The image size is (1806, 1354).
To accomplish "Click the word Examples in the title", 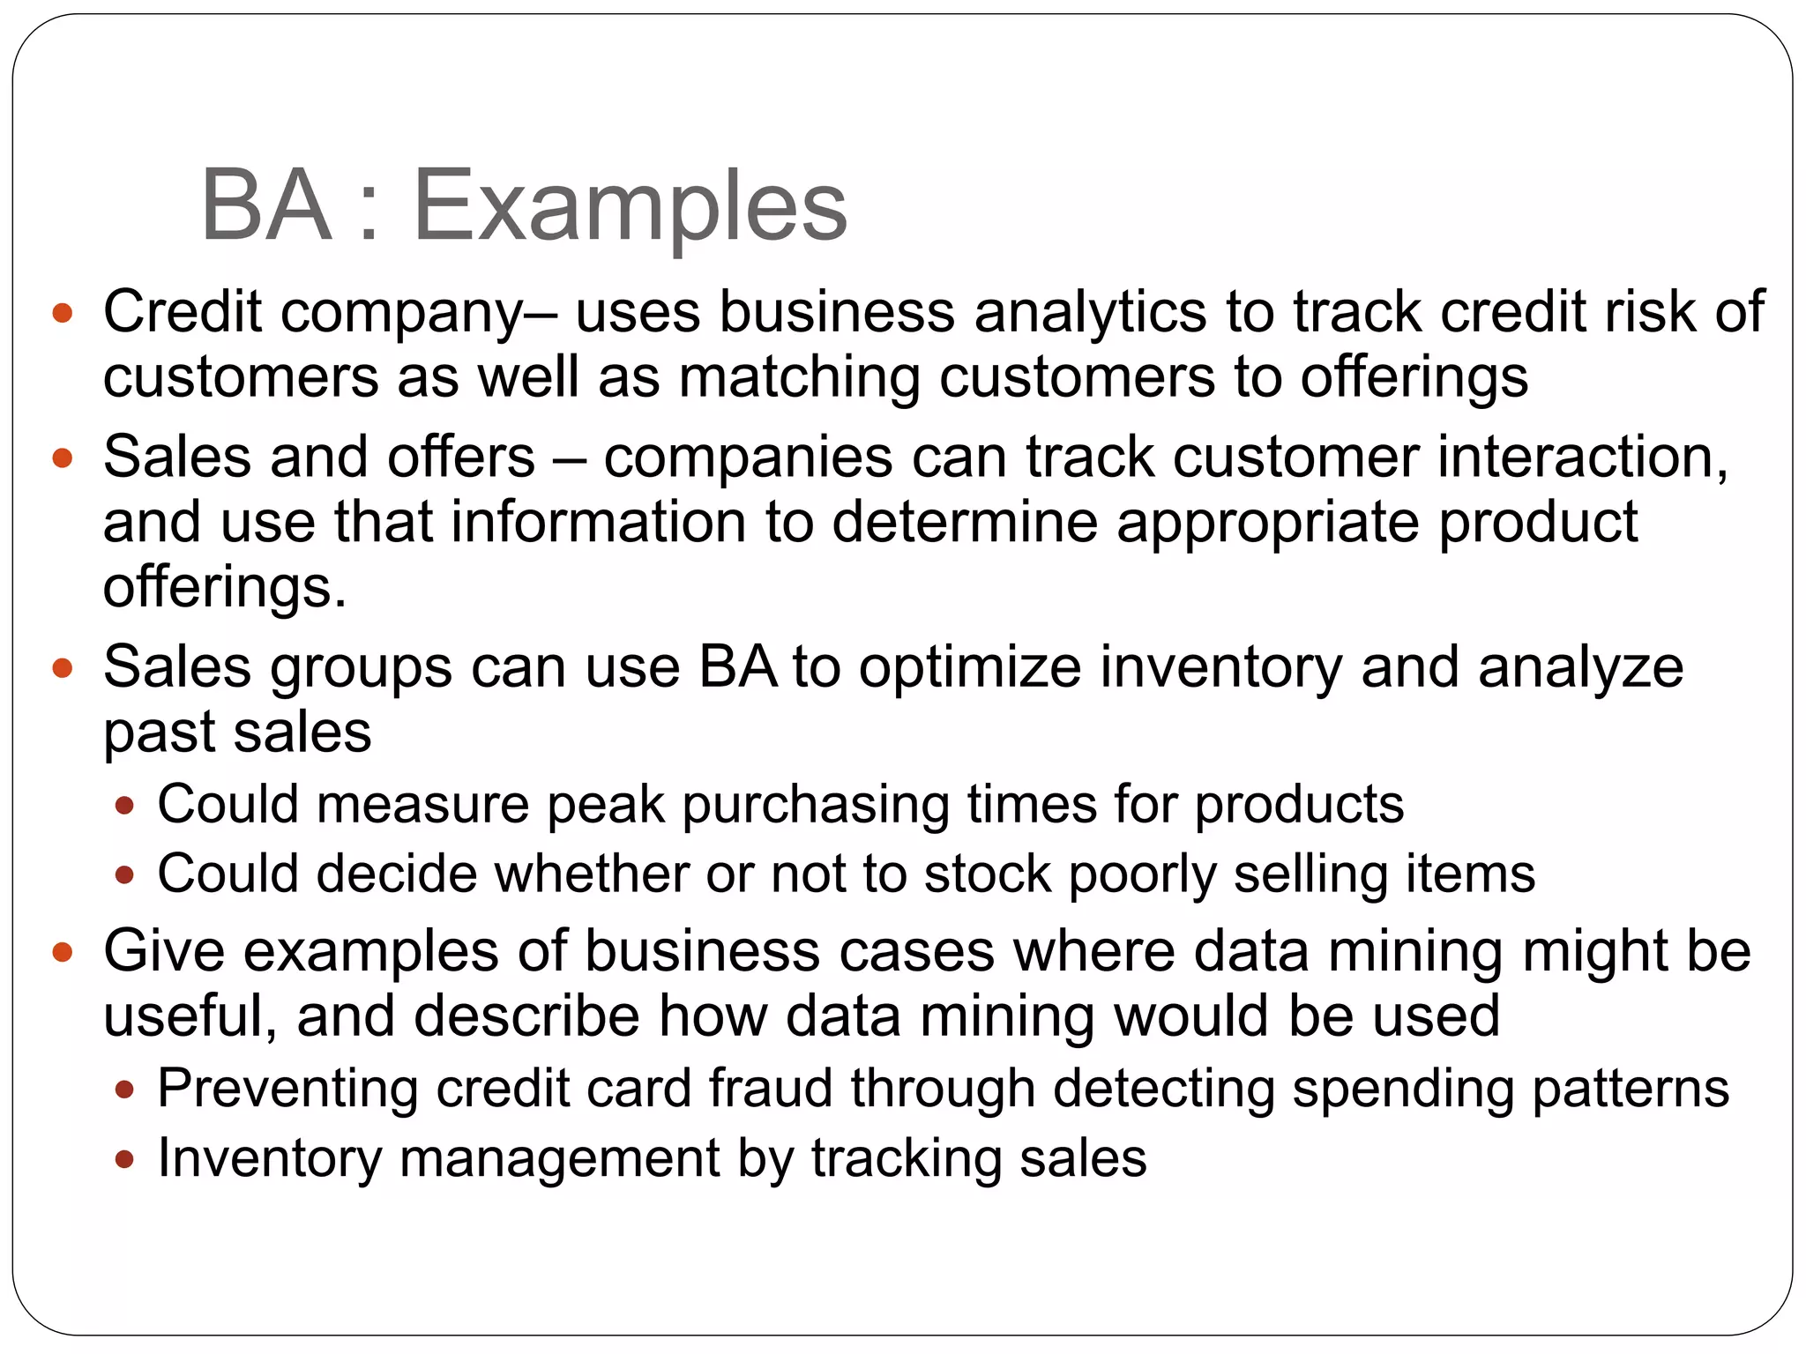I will pos(630,207).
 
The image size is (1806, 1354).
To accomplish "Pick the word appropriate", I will pos(1268,523).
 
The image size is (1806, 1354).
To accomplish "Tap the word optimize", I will pos(969,667).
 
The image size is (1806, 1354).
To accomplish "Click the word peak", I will pos(605,805).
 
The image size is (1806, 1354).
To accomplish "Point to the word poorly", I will pos(1141,874).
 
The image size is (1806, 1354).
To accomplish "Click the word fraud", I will pos(771,1089).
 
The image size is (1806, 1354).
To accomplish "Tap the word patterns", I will pos(1630,1089).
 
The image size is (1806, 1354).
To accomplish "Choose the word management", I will pos(559,1158).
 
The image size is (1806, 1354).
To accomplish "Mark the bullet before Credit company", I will pos(62,313).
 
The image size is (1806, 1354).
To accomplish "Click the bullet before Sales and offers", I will pos(62,458).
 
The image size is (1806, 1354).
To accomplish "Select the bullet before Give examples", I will pos(62,952).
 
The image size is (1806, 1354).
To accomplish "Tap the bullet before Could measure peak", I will pos(124,806).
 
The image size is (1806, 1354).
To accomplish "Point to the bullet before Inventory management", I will pos(124,1159).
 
